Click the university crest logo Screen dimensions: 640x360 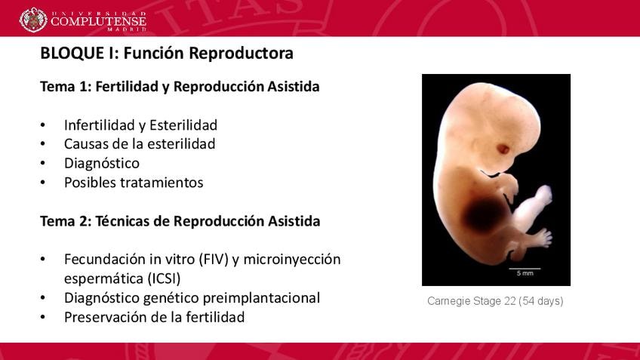tap(33, 20)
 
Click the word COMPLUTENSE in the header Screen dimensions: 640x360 tap(98, 21)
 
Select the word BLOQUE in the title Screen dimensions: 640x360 tap(72, 54)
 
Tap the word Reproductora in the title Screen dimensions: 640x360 tap(241, 54)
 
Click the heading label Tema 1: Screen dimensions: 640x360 tap(66, 87)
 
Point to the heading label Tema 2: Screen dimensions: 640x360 tap(66, 221)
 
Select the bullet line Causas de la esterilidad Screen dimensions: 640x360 tap(140, 144)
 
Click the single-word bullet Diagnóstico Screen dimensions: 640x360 tap(102, 163)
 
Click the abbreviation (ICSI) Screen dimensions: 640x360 tap(164, 278)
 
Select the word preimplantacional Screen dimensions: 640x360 tap(261, 298)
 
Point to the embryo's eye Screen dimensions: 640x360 tap(503, 149)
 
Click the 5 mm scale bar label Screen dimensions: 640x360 tap(525, 273)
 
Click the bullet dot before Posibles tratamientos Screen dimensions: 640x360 tap(43, 183)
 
